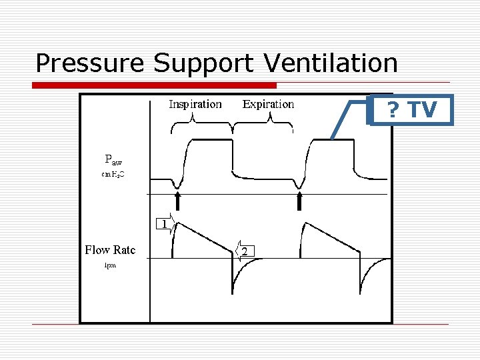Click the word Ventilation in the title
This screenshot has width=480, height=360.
click(331, 63)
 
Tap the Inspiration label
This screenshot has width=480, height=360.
click(195, 104)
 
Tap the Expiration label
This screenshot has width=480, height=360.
click(268, 104)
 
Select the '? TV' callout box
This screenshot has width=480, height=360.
click(411, 109)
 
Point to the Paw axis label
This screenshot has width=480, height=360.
click(113, 160)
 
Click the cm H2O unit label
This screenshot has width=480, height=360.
click(113, 175)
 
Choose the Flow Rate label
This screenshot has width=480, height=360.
click(110, 250)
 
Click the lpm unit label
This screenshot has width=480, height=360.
click(110, 265)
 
